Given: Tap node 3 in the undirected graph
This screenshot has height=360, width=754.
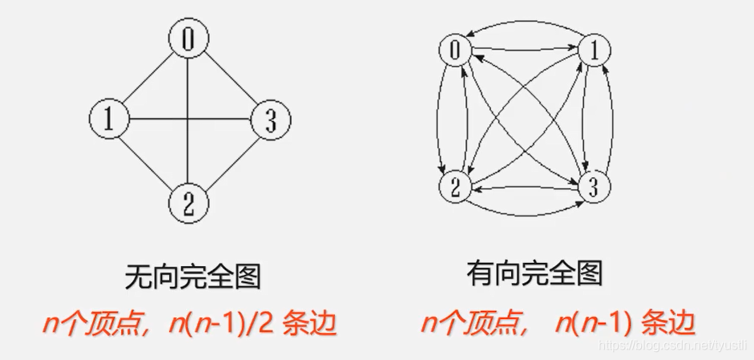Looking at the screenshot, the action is pyautogui.click(x=270, y=120).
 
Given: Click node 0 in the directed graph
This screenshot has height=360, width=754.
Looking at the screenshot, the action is pyautogui.click(x=455, y=51).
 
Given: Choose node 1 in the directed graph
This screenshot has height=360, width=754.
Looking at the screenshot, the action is pyautogui.click(x=594, y=51).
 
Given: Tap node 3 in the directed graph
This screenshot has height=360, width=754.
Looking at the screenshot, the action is pyautogui.click(x=594, y=189).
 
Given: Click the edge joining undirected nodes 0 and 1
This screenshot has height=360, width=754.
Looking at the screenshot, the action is pyautogui.click(x=148, y=80).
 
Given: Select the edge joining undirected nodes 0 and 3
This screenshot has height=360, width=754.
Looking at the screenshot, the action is pyautogui.click(x=229, y=80).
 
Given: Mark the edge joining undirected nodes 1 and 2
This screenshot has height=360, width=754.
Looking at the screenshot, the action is pyautogui.click(x=148, y=160).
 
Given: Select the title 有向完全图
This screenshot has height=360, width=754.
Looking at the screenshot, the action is pyautogui.click(x=534, y=275).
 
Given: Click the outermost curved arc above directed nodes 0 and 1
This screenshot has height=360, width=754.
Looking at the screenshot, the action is pyautogui.click(x=525, y=25).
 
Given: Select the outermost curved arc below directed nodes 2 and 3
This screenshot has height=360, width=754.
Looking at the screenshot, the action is pyautogui.click(x=525, y=215).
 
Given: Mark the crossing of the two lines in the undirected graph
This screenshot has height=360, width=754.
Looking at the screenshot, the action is pyautogui.click(x=188, y=120).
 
